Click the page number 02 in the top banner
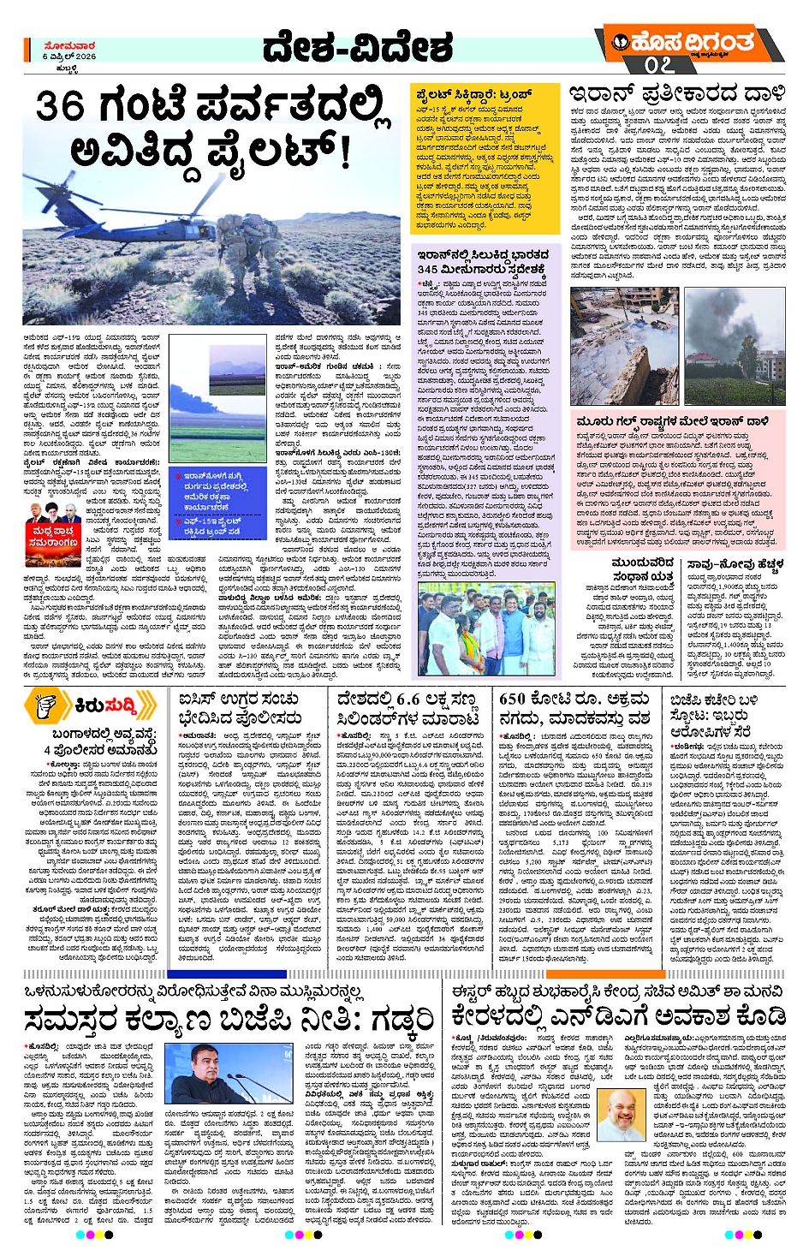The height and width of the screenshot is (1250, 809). click(x=659, y=64)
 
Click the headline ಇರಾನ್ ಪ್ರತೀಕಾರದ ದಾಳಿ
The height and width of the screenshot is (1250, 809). click(x=676, y=92)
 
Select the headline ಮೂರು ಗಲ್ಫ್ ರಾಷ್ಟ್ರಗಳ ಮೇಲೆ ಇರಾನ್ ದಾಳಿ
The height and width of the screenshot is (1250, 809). click(x=672, y=422)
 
